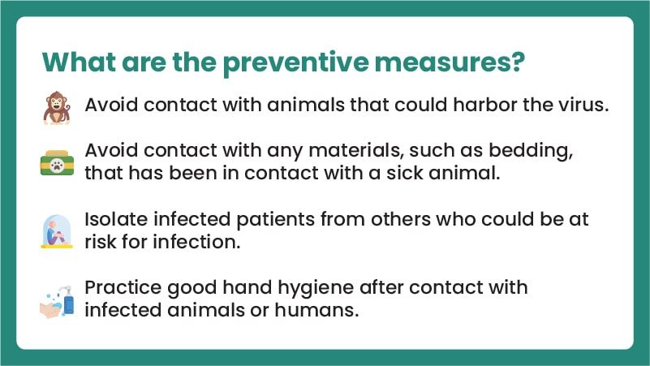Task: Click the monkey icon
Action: (x=57, y=108)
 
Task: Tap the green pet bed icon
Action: (x=57, y=162)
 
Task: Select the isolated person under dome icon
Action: (x=57, y=231)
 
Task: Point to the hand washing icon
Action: (x=57, y=302)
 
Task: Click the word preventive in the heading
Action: (x=295, y=63)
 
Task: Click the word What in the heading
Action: (x=79, y=62)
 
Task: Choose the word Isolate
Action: (x=116, y=219)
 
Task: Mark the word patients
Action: (x=275, y=220)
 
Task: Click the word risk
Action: (x=100, y=242)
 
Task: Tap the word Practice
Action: (x=123, y=287)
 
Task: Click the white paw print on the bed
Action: (x=57, y=166)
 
